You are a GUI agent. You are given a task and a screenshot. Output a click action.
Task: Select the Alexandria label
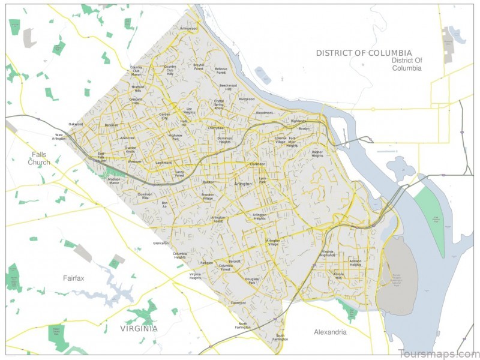click(330, 332)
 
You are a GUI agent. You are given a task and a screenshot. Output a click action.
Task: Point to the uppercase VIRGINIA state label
click(138, 328)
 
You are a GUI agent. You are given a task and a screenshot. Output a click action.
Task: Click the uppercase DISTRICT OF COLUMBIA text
click(364, 53)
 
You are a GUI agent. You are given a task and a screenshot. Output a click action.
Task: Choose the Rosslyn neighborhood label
click(304, 128)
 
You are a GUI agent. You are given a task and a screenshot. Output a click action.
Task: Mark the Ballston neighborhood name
click(208, 182)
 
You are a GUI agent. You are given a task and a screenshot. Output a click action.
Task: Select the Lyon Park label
click(262, 181)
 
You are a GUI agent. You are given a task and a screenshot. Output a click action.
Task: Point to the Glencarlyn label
click(161, 243)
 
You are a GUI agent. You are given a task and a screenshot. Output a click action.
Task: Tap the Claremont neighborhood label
click(238, 303)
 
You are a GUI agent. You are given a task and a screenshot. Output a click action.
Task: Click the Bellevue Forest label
click(221, 70)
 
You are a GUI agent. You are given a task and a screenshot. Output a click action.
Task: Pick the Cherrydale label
click(215, 128)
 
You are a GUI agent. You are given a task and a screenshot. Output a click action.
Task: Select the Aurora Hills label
click(338, 276)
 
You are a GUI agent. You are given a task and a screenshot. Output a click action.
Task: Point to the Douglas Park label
click(251, 280)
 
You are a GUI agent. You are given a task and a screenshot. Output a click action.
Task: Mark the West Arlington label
click(59, 137)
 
